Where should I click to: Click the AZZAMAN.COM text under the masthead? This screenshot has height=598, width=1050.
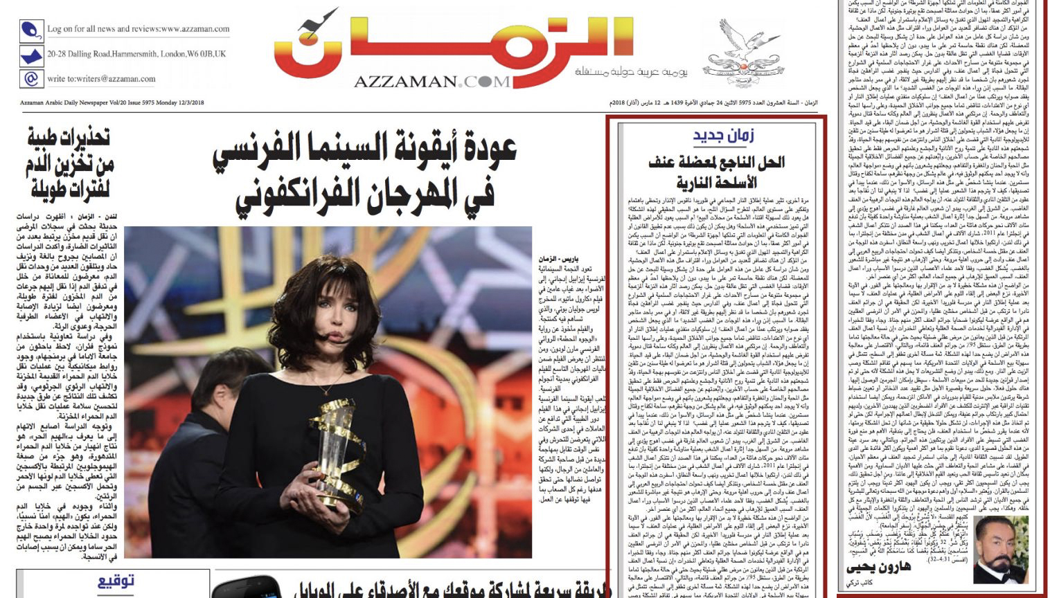click(x=431, y=82)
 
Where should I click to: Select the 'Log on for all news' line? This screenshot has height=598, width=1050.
click(x=138, y=29)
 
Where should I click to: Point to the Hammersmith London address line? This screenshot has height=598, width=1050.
click(x=136, y=54)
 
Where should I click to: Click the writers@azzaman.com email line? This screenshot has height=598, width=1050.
click(x=101, y=79)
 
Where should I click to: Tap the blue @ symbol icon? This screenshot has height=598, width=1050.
click(x=31, y=78)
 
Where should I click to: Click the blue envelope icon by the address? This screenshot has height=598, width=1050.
click(x=31, y=55)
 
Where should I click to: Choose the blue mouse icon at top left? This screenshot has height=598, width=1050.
click(x=31, y=30)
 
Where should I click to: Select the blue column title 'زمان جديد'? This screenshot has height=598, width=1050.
click(x=723, y=136)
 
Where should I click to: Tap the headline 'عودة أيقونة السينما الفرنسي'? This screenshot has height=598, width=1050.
click(x=365, y=149)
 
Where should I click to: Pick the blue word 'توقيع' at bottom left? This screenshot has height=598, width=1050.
click(x=115, y=582)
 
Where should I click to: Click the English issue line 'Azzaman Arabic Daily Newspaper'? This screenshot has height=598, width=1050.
click(x=112, y=103)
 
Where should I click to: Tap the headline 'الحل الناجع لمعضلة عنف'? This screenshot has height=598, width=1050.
click(x=716, y=163)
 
